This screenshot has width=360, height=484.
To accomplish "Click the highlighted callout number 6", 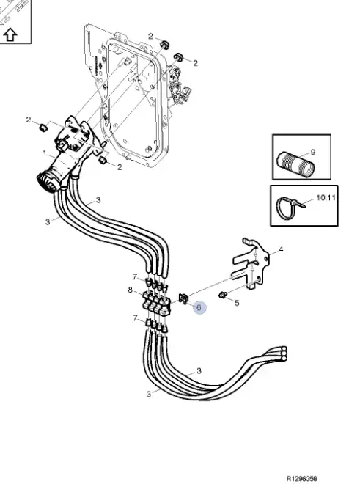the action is pos(199,307).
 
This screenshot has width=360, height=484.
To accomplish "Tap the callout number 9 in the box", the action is pos(313,152).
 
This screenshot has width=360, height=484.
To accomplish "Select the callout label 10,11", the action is pos(326,197).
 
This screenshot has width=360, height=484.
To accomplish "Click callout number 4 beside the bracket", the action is pos(281,249).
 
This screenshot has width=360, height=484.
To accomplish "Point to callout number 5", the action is pos(237,303).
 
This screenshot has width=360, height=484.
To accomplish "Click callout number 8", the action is pos(131,290).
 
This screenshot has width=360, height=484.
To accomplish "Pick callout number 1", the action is pos(45,153).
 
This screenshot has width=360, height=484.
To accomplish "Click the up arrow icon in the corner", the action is pos(11,34).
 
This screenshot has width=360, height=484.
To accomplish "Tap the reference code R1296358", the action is pos(301,479).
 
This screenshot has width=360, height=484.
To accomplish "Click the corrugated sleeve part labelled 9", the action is pos(295,165).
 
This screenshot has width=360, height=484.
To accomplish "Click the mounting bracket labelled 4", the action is pos(251,263).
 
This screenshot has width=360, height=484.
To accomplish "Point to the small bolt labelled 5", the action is pos(221,295).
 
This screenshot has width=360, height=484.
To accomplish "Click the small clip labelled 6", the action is pos(183,298).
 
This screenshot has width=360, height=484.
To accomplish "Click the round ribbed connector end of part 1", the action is pos(46,183).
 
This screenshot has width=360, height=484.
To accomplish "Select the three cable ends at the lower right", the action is pos(282,353).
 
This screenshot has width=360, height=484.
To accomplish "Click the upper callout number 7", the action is pos(135,276).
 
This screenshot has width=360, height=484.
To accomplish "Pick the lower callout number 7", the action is pos(135,318).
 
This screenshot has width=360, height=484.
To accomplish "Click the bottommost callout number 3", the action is pos(149,395).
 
